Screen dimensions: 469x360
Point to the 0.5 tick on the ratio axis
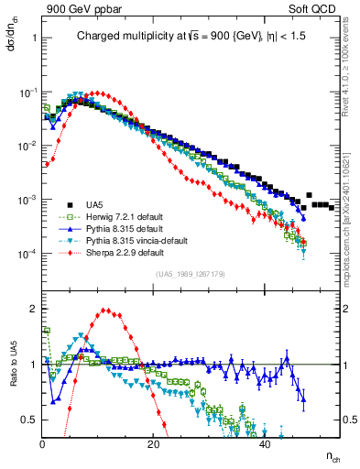click(30, 420)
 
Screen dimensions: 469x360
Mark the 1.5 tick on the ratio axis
click(30, 336)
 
